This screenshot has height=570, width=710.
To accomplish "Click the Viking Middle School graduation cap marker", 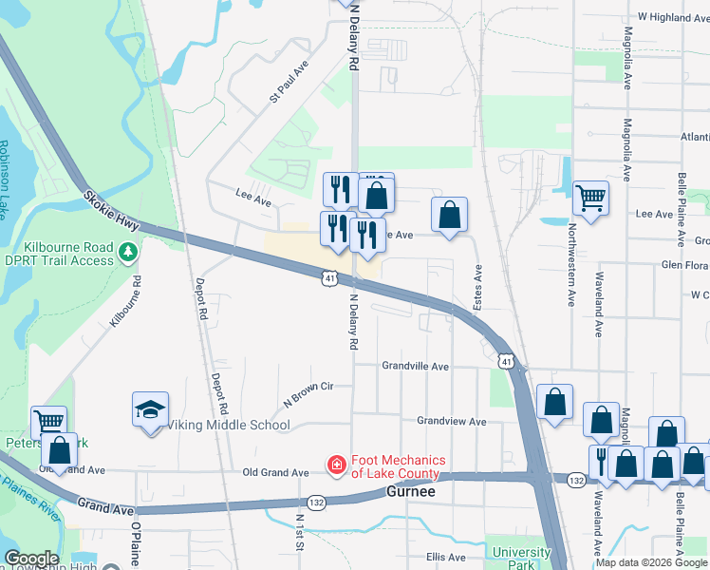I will point(151,409).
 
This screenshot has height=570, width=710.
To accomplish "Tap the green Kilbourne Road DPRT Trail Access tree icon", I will point(130,253).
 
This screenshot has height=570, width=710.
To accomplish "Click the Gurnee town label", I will point(412,491).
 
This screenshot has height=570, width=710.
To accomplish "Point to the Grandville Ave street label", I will point(416,366).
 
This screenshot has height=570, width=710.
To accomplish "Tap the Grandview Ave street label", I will point(452,421).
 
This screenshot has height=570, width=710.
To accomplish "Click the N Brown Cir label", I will point(308,396).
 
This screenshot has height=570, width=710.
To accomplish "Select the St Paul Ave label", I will point(290,83).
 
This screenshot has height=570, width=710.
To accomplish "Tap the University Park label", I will point(521,558).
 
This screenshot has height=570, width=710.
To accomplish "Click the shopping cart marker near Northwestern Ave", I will point(590,199).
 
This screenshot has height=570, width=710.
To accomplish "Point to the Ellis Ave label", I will point(445,558).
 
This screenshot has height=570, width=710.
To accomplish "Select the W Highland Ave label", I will point(674,17).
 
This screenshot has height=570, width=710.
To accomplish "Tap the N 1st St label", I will point(300,530).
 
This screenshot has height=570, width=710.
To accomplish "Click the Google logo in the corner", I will point(31,559).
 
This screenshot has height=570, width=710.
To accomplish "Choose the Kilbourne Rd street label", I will point(125,303).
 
